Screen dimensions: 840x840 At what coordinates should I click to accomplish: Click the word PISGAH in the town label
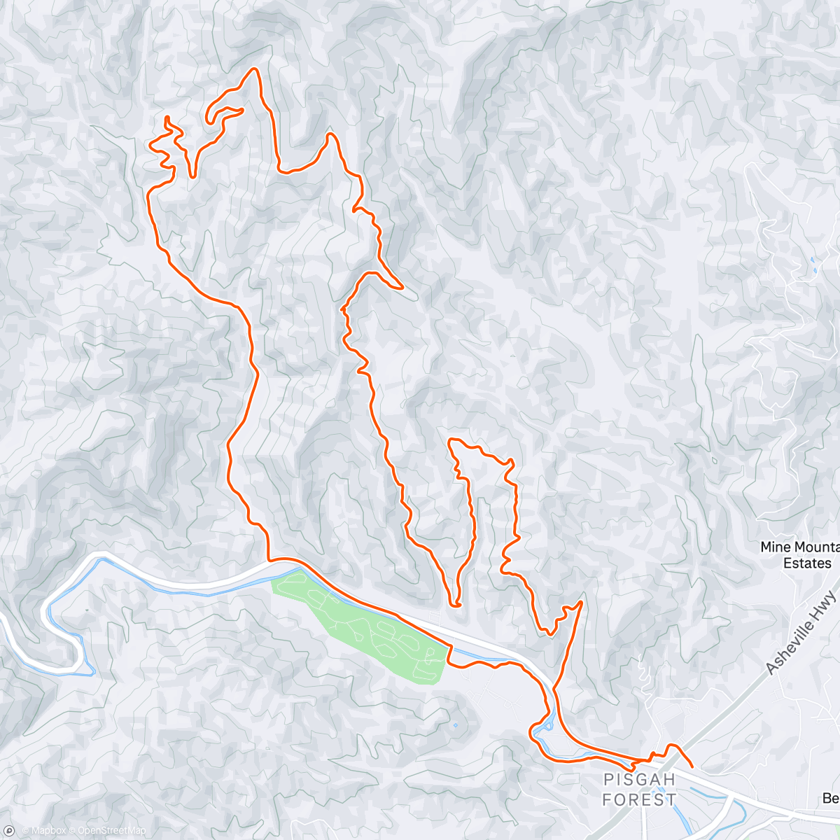coord(639,779)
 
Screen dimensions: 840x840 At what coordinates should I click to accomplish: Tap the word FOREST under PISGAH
coord(639,799)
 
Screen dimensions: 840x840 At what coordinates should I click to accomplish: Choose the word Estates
coord(807,563)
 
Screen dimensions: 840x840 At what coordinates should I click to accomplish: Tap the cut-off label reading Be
coord(830,799)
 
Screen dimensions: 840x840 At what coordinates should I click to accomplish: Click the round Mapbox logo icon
coord(9,831)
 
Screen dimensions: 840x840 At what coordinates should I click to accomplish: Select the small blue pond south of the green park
coord(456,724)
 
